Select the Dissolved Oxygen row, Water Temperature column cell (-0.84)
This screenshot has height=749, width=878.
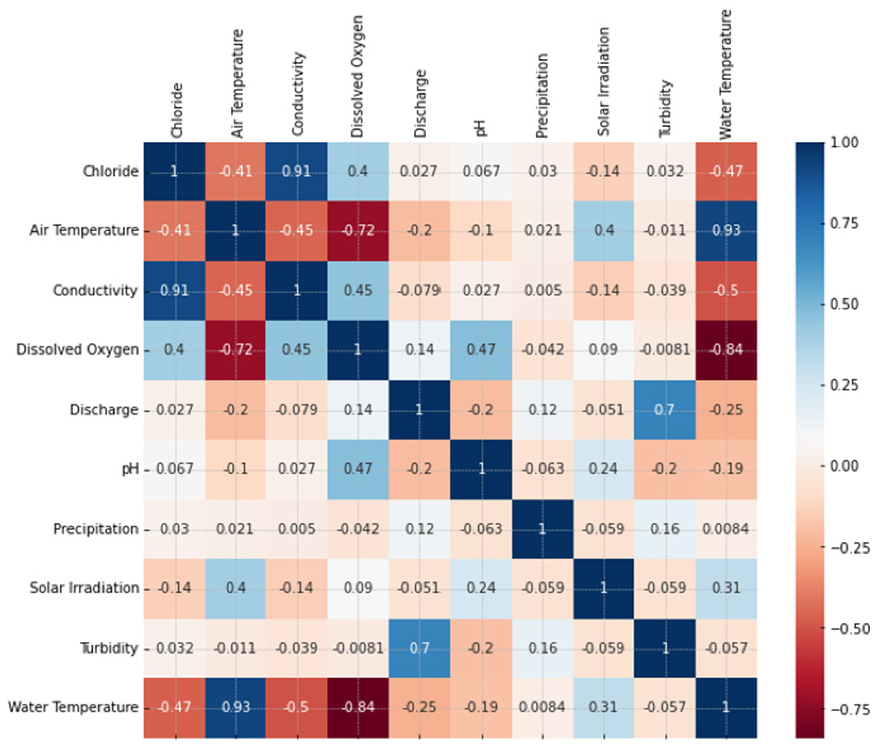(726, 350)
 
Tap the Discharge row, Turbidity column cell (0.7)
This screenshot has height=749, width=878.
(665, 410)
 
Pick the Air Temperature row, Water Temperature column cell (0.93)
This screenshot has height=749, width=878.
(726, 231)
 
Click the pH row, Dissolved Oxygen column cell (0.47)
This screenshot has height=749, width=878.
(358, 469)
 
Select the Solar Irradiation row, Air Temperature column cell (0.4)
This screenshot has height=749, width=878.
(236, 588)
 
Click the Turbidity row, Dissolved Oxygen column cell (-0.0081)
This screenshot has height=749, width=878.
(358, 648)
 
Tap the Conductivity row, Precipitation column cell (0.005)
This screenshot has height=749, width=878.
(542, 291)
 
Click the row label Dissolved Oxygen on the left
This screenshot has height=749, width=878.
(78, 350)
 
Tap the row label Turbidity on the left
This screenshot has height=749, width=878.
(109, 648)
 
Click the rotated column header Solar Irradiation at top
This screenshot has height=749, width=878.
(603, 81)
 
